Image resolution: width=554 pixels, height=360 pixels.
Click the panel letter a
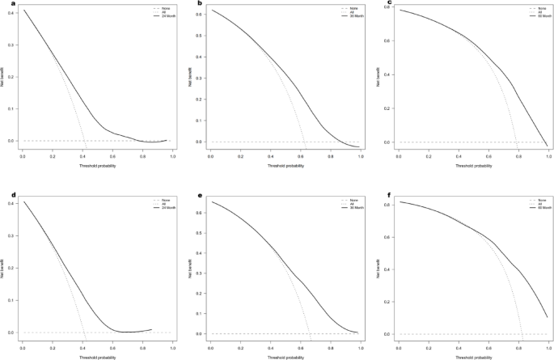tap(3, 4)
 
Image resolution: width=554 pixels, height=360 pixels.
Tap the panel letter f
tap(378, 195)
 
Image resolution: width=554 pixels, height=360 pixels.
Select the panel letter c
tap(378, 4)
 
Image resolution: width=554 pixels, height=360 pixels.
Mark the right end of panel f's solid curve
tap(548, 316)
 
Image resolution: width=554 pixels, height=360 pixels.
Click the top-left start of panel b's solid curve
tap(211, 11)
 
